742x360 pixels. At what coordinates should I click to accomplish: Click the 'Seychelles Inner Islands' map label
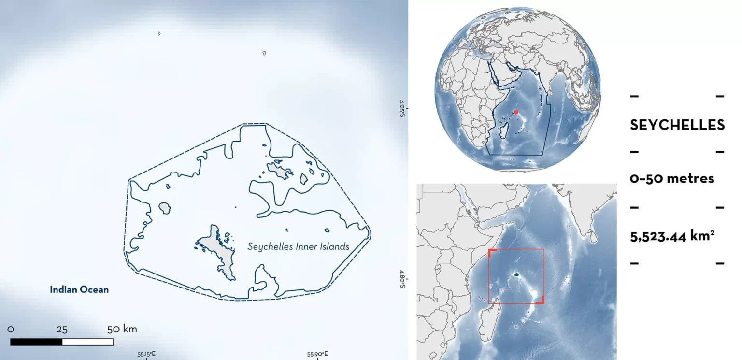click(298, 246)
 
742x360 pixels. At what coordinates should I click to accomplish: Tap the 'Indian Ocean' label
click(79, 290)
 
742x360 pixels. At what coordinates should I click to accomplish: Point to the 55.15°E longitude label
click(146, 354)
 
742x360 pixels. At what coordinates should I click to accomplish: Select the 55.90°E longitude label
click(318, 354)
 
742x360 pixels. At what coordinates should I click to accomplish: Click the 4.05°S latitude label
click(402, 109)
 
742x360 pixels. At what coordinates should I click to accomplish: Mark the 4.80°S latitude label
click(402, 280)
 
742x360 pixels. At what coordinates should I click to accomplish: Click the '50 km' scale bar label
click(122, 330)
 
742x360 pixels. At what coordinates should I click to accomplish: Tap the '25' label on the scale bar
click(62, 330)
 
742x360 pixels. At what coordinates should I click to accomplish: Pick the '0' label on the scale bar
click(11, 330)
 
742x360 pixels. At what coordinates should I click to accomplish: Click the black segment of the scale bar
click(36, 342)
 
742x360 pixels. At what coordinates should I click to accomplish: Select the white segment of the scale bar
click(88, 342)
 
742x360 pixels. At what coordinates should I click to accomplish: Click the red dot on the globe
click(516, 112)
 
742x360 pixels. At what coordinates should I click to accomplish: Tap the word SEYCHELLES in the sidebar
click(677, 125)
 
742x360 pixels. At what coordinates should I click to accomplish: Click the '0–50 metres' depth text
click(672, 178)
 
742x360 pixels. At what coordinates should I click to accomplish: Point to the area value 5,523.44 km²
click(672, 237)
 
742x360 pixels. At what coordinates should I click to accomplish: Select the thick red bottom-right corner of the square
click(542, 301)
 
